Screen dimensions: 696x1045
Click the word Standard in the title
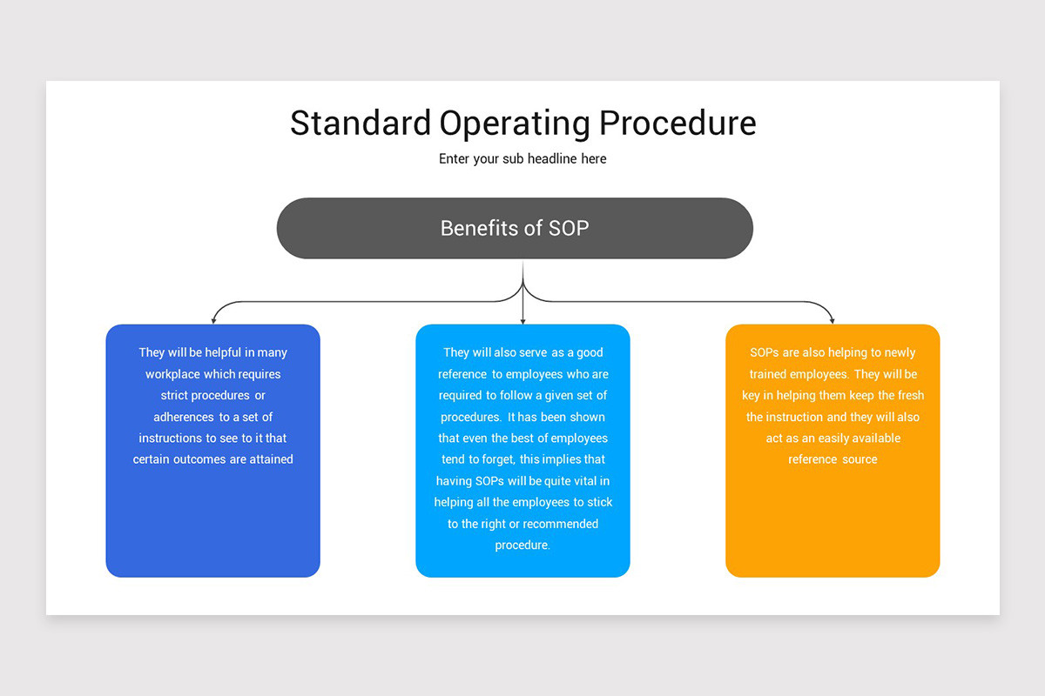tap(360, 123)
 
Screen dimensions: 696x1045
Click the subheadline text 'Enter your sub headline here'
tap(522, 159)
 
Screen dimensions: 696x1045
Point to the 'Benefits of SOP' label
tap(515, 228)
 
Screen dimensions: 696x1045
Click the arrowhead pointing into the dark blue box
tap(213, 320)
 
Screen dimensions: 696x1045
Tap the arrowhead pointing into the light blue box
tap(522, 320)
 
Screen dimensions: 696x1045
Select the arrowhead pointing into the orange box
tap(832, 320)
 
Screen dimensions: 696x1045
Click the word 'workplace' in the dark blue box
tap(173, 374)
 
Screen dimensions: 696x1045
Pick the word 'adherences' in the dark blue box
tap(183, 417)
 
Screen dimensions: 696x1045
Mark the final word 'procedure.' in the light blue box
tap(522, 545)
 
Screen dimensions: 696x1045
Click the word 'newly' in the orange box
tap(900, 352)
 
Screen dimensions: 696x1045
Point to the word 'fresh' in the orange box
tap(909, 396)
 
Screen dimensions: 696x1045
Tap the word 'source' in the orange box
tap(860, 459)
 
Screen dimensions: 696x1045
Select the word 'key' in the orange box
tap(751, 396)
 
